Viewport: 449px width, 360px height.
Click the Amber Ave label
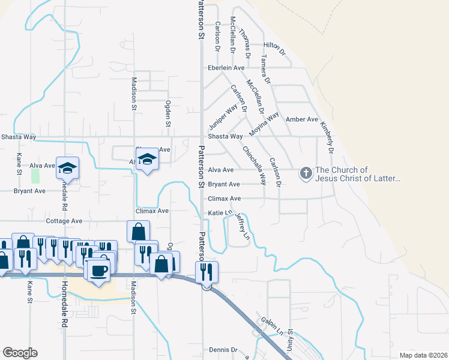click(301, 119)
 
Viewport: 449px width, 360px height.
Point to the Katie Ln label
click(220, 213)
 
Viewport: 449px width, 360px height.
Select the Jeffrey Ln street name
click(241, 226)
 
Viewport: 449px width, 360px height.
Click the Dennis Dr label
click(224, 350)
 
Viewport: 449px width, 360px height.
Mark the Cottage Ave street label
click(64, 221)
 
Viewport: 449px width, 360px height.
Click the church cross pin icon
click(306, 173)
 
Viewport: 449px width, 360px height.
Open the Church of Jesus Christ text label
click(357, 174)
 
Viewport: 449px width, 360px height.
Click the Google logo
click(20, 353)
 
